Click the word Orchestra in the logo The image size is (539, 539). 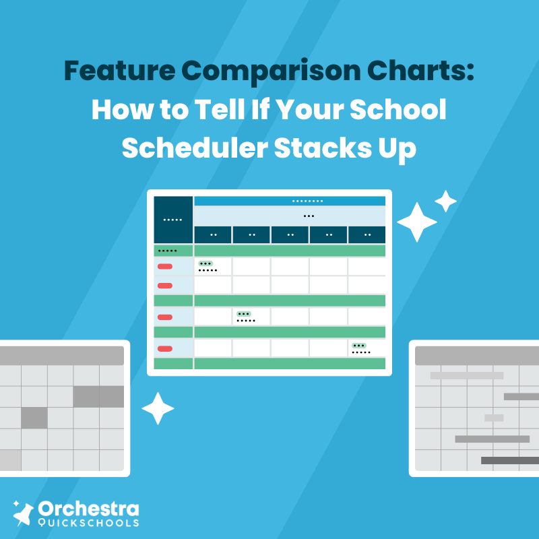[x=89, y=509]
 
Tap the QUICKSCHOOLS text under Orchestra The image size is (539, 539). [x=89, y=522]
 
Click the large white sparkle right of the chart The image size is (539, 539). [x=417, y=222]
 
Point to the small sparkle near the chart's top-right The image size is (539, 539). [x=445, y=201]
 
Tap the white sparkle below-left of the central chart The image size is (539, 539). [x=158, y=408]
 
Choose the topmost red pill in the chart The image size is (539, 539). [x=164, y=267]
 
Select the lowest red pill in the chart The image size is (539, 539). [x=164, y=348]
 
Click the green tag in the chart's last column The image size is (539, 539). [x=359, y=346]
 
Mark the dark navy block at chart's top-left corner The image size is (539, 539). [x=173, y=220]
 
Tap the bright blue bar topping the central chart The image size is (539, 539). [x=290, y=201]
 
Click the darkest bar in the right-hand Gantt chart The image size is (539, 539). [x=510, y=460]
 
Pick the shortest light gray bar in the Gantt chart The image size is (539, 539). [x=494, y=418]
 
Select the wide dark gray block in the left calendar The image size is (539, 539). [x=98, y=396]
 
